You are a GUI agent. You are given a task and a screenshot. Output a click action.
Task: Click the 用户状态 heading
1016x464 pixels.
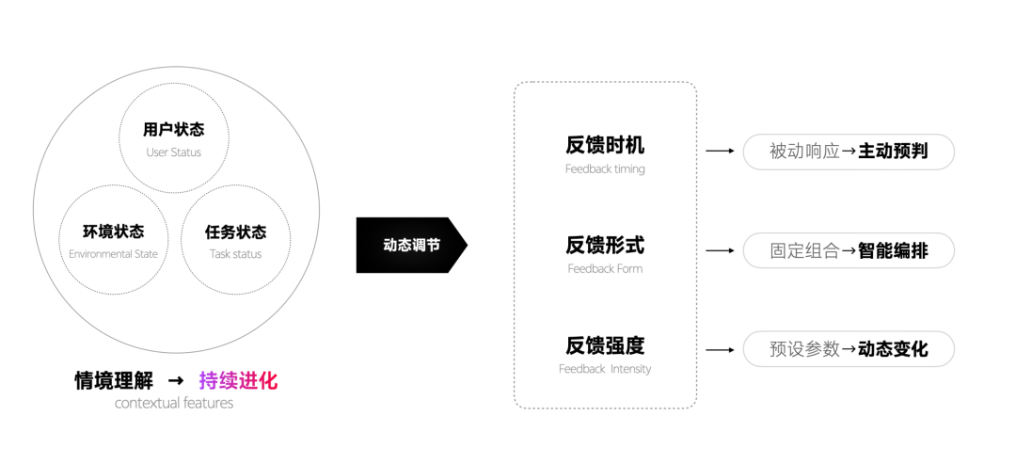174,130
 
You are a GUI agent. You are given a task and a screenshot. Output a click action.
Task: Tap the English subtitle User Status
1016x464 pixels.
174,152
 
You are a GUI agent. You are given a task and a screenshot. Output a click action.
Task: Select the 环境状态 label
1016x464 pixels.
114,232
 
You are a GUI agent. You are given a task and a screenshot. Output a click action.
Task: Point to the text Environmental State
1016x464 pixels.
114,254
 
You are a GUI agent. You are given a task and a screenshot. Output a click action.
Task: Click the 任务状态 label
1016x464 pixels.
236,232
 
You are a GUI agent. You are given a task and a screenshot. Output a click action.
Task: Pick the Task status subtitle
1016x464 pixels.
236,254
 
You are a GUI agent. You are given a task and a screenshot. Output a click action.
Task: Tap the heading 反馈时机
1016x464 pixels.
605,145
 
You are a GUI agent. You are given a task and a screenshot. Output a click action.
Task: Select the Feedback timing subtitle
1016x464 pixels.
605,169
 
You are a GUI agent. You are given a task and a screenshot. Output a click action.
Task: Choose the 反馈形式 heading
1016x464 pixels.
605,245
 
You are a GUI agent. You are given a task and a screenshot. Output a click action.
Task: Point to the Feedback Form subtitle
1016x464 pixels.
605,268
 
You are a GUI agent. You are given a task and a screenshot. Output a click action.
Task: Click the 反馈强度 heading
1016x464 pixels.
605,345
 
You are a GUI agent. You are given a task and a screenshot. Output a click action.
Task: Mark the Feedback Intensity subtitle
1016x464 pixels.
605,369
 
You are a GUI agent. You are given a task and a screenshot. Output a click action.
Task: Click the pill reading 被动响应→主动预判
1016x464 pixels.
849,152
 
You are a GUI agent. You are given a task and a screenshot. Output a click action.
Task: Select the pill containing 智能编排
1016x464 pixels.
849,250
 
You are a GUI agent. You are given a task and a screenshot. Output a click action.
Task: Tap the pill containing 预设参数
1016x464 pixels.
849,348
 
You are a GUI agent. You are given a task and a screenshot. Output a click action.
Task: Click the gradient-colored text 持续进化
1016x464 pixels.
238,380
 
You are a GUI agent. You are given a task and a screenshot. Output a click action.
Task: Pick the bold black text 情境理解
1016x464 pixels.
114,380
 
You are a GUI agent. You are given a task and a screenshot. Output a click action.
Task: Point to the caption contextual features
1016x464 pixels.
174,403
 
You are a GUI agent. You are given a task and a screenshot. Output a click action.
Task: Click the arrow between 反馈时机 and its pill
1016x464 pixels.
720,151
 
